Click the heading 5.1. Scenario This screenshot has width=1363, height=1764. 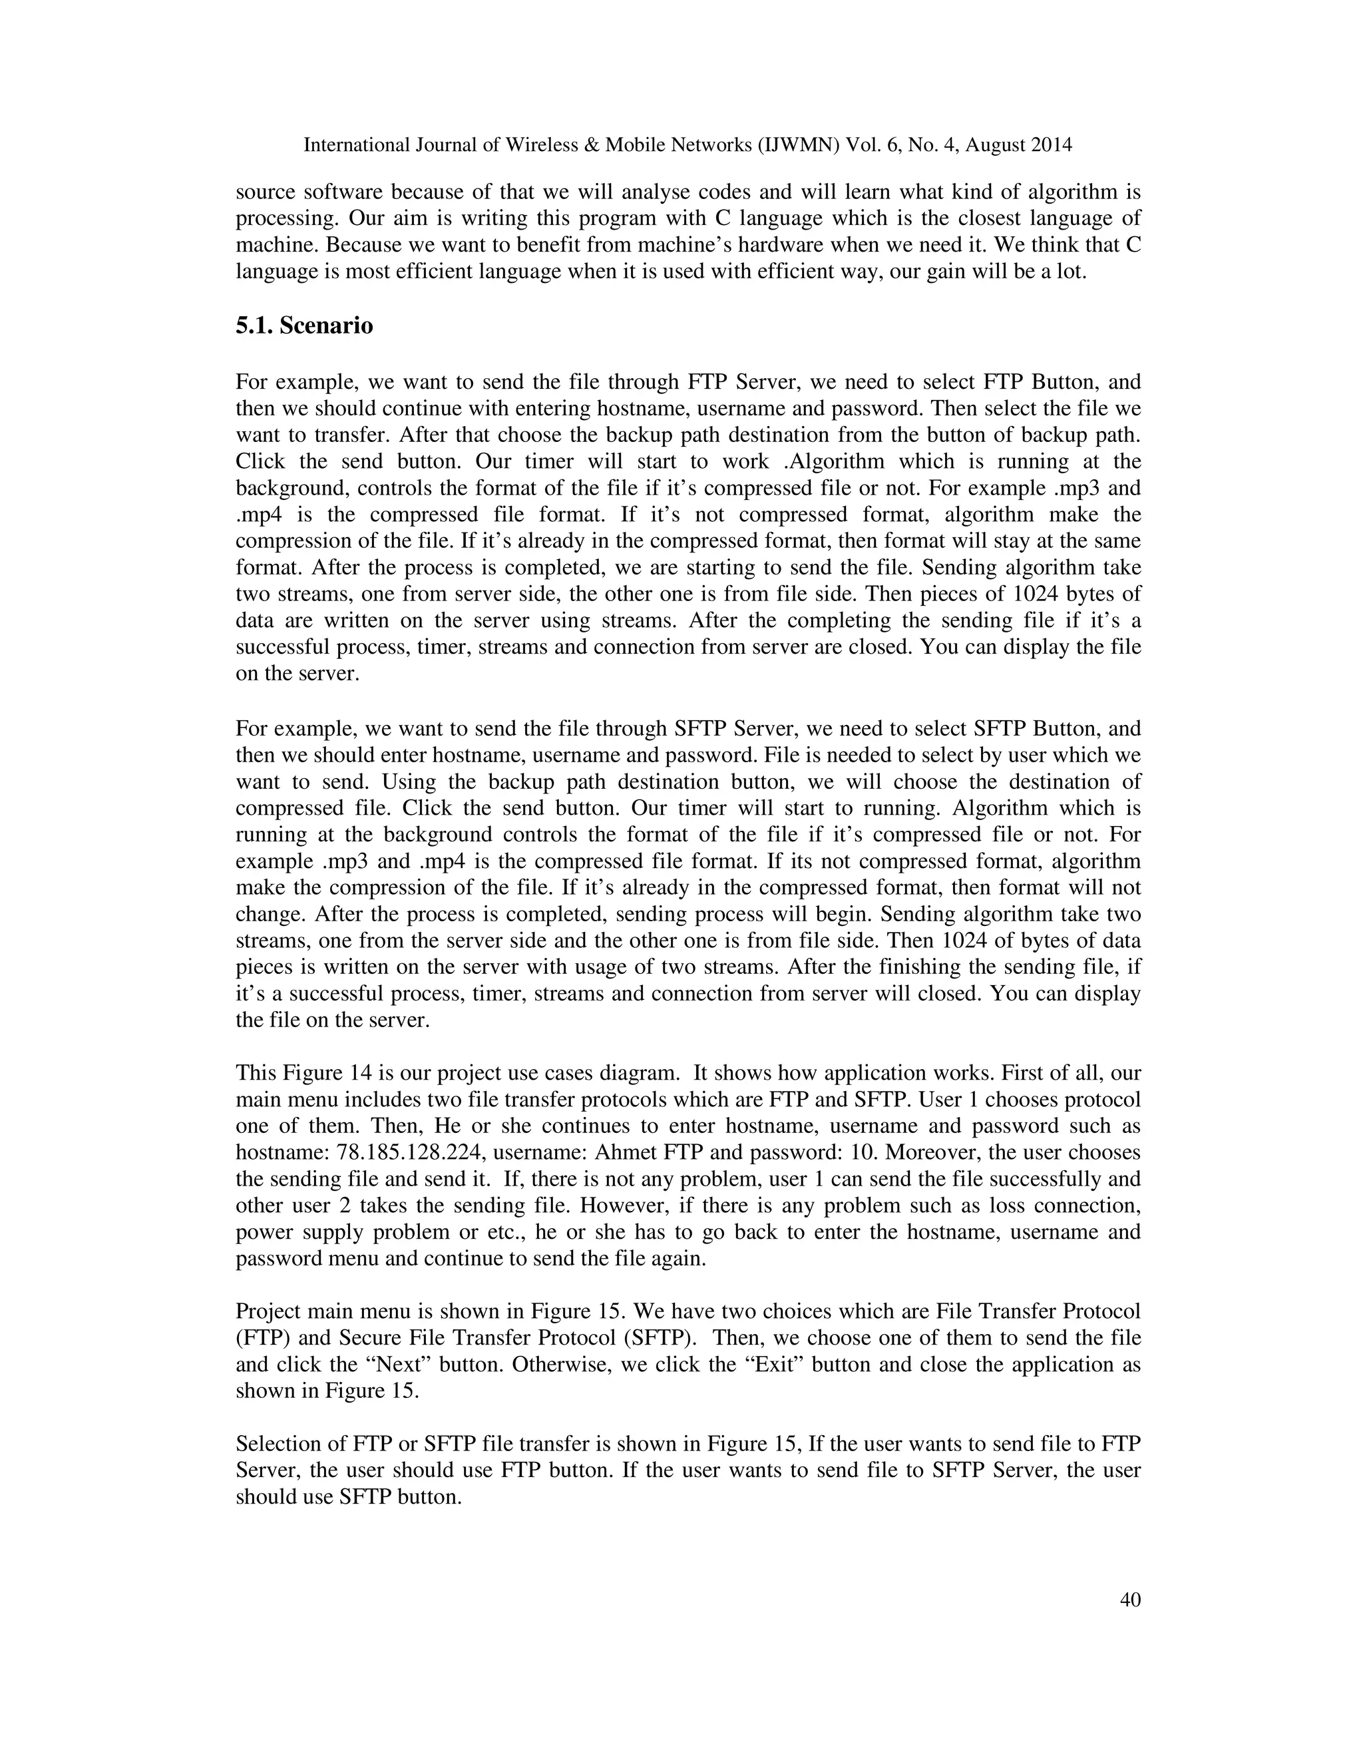[304, 326]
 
